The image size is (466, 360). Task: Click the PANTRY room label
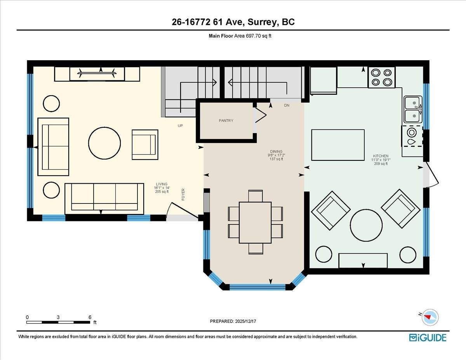[226, 121]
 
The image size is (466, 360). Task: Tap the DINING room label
[276, 151]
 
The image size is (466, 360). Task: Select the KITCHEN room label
[379, 156]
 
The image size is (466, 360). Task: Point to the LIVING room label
[162, 184]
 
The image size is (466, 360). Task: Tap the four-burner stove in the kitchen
[381, 77]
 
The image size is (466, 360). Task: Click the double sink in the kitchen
[412, 109]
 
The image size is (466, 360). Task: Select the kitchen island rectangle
[338, 145]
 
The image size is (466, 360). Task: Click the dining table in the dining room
[255, 222]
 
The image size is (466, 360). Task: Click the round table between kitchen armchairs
[366, 226]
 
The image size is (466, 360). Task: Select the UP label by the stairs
[180, 126]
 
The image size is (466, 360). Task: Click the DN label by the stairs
[287, 106]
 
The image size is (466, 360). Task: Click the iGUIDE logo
[428, 337]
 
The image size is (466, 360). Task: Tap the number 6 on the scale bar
[90, 317]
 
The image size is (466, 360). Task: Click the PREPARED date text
[234, 321]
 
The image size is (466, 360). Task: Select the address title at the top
[233, 22]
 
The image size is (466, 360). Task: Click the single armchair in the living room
[145, 144]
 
